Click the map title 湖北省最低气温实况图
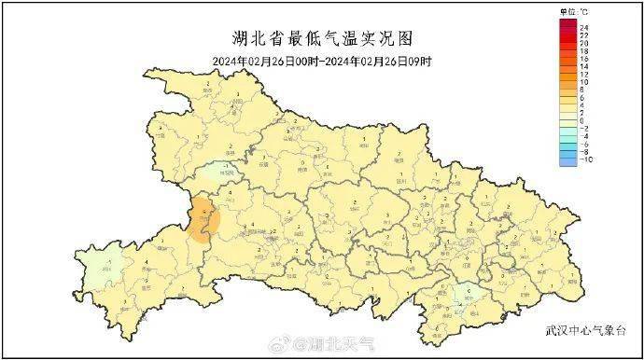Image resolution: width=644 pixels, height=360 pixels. [x=321, y=39]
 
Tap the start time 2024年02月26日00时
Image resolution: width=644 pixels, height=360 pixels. [x=264, y=61]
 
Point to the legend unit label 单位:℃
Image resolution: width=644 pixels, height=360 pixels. [x=574, y=10]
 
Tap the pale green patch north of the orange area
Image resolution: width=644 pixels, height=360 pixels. [x=217, y=171]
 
